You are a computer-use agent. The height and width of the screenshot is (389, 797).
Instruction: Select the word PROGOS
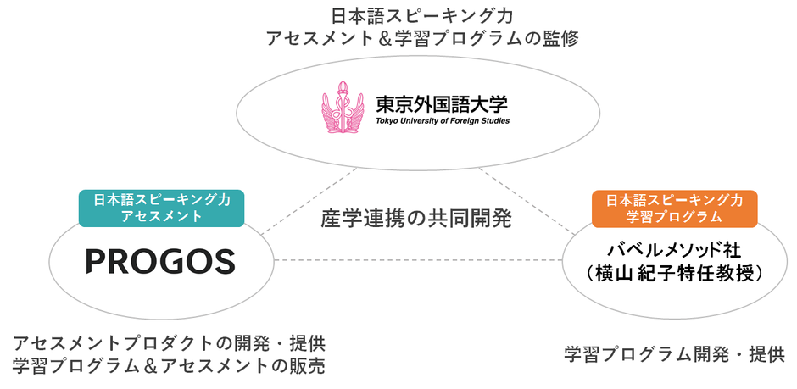[160, 262]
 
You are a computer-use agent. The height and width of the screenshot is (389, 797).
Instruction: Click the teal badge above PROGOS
[160, 208]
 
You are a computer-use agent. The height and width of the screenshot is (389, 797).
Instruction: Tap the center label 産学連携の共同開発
[416, 218]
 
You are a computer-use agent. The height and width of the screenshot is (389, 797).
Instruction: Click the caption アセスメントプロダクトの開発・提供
[169, 344]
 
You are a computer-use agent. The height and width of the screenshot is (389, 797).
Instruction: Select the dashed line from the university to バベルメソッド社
[526, 199]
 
